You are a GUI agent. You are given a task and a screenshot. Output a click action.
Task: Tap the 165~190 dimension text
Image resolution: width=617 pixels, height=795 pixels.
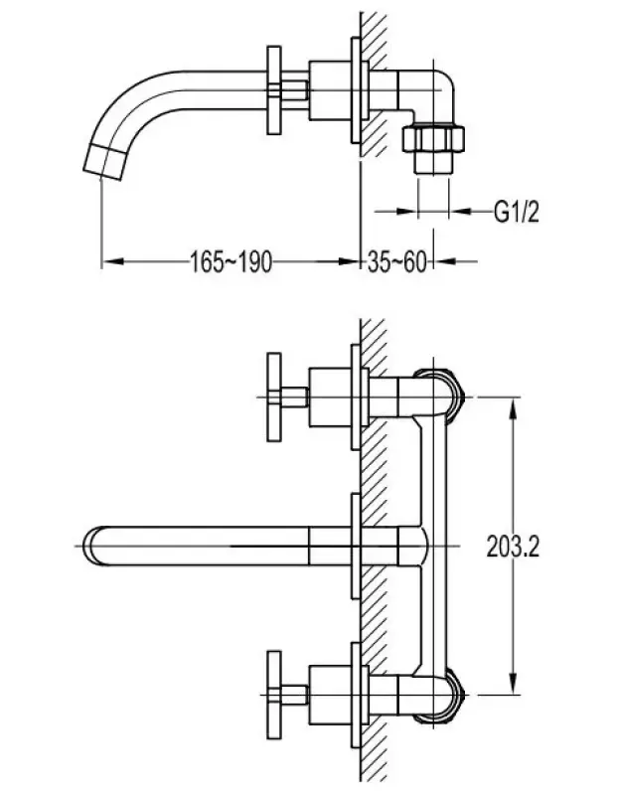click(231, 261)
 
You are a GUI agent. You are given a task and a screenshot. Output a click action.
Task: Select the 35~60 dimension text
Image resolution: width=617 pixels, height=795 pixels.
click(396, 261)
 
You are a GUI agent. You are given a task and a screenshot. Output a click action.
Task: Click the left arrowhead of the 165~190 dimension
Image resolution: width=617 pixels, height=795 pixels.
click(109, 261)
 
